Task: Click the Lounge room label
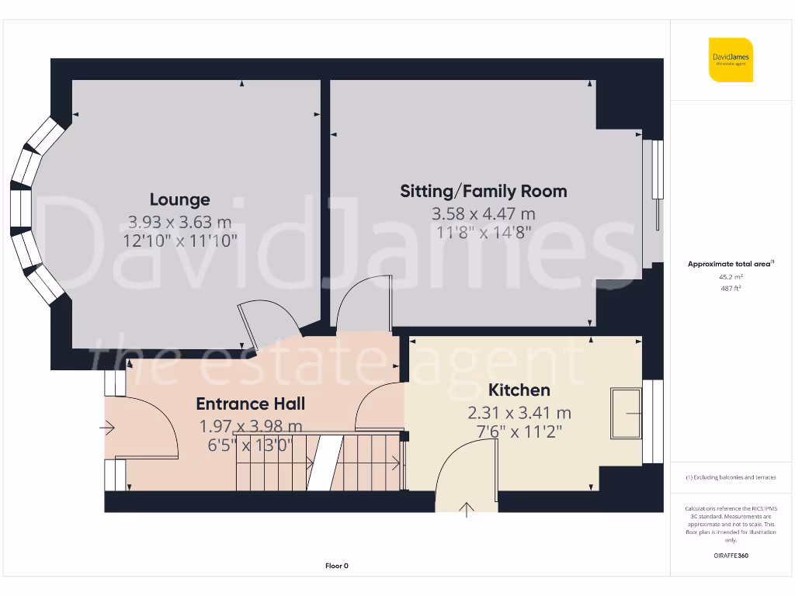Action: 179,199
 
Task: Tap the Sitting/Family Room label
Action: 483,191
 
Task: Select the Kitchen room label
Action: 519,390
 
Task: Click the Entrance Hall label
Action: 250,404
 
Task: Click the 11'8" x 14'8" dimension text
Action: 483,231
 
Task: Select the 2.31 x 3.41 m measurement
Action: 519,413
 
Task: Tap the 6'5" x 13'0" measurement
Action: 250,445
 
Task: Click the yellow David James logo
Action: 730,60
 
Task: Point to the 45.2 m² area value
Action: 730,276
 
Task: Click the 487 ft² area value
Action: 730,288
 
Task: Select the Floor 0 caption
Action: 336,566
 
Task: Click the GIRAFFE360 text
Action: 730,556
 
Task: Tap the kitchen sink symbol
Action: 627,413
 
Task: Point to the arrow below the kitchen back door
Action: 467,509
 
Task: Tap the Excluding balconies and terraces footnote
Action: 730,477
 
